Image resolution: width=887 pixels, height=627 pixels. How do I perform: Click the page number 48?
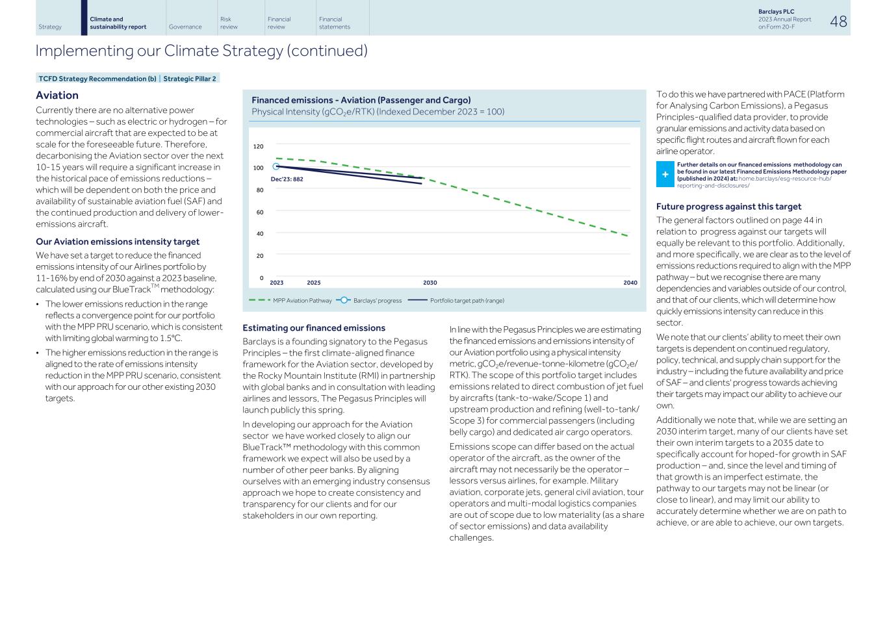point(838,21)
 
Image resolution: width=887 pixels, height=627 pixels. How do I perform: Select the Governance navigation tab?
point(185,27)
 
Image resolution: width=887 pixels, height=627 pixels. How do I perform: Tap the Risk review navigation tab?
point(229,23)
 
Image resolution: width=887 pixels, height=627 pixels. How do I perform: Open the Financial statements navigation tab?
point(334,23)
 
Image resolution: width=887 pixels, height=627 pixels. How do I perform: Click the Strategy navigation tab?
point(50,27)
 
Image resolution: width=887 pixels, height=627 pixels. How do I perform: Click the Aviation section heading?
point(57,96)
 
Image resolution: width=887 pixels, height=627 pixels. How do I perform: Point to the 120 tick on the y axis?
point(258,147)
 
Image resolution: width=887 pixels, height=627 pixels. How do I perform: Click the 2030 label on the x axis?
point(430,283)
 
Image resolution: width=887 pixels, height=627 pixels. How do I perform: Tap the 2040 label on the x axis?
point(630,283)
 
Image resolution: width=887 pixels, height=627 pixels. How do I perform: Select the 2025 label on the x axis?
point(313,283)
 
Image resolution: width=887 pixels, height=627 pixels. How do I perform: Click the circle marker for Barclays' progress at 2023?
point(276,167)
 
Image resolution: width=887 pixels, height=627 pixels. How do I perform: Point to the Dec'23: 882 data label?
point(287,179)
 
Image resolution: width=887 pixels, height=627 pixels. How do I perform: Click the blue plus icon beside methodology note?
point(665,174)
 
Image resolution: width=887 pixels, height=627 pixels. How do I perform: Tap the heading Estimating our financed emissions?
point(313,328)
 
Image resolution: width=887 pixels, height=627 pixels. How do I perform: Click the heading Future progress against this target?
point(728,207)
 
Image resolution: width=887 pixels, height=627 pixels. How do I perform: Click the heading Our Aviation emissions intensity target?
point(118,242)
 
